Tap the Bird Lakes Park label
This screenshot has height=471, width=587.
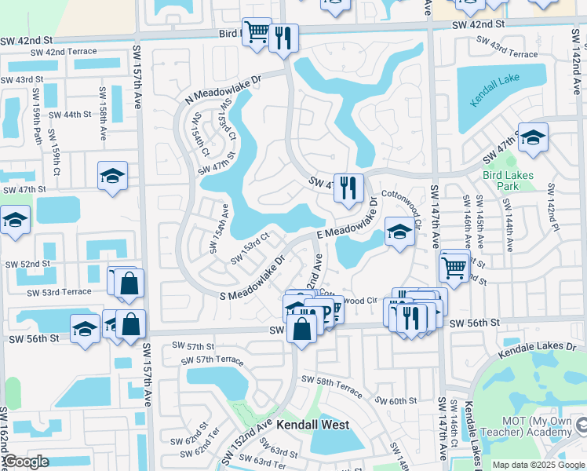508,181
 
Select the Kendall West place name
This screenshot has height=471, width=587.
312,425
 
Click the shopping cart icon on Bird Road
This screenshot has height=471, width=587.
257,33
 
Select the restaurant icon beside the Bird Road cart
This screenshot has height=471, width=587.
283,38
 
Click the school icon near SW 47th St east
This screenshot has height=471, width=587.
533,137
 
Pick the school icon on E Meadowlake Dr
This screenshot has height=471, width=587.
399,232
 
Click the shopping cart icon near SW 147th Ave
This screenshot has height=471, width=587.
454,267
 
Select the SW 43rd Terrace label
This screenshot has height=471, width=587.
514,50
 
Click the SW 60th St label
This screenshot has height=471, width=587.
396,400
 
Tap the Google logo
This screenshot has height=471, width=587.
25,462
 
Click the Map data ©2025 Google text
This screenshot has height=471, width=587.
538,465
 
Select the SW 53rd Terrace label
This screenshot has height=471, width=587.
59,292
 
